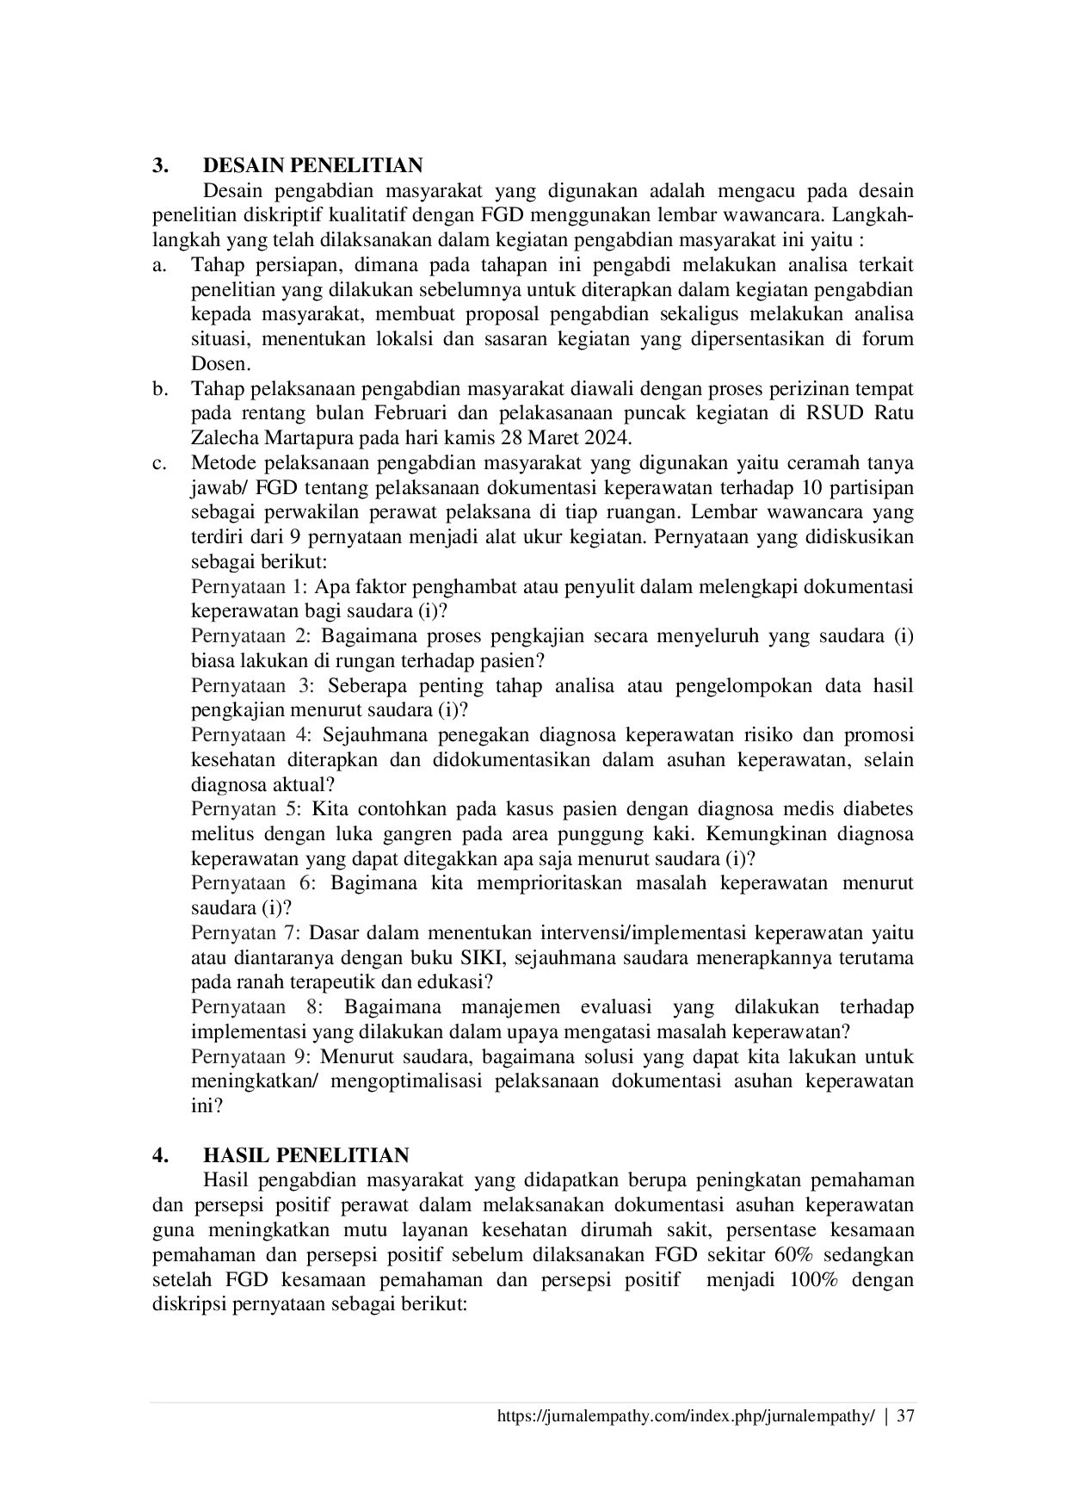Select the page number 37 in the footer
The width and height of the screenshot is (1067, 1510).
coord(904,1416)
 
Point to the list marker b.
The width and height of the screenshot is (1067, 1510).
coord(158,389)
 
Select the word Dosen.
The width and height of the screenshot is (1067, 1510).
coord(220,364)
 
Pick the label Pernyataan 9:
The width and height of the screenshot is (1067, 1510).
coord(252,1057)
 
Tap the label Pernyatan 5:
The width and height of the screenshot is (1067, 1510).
coord(245,810)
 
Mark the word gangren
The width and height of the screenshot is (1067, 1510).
coord(422,835)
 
